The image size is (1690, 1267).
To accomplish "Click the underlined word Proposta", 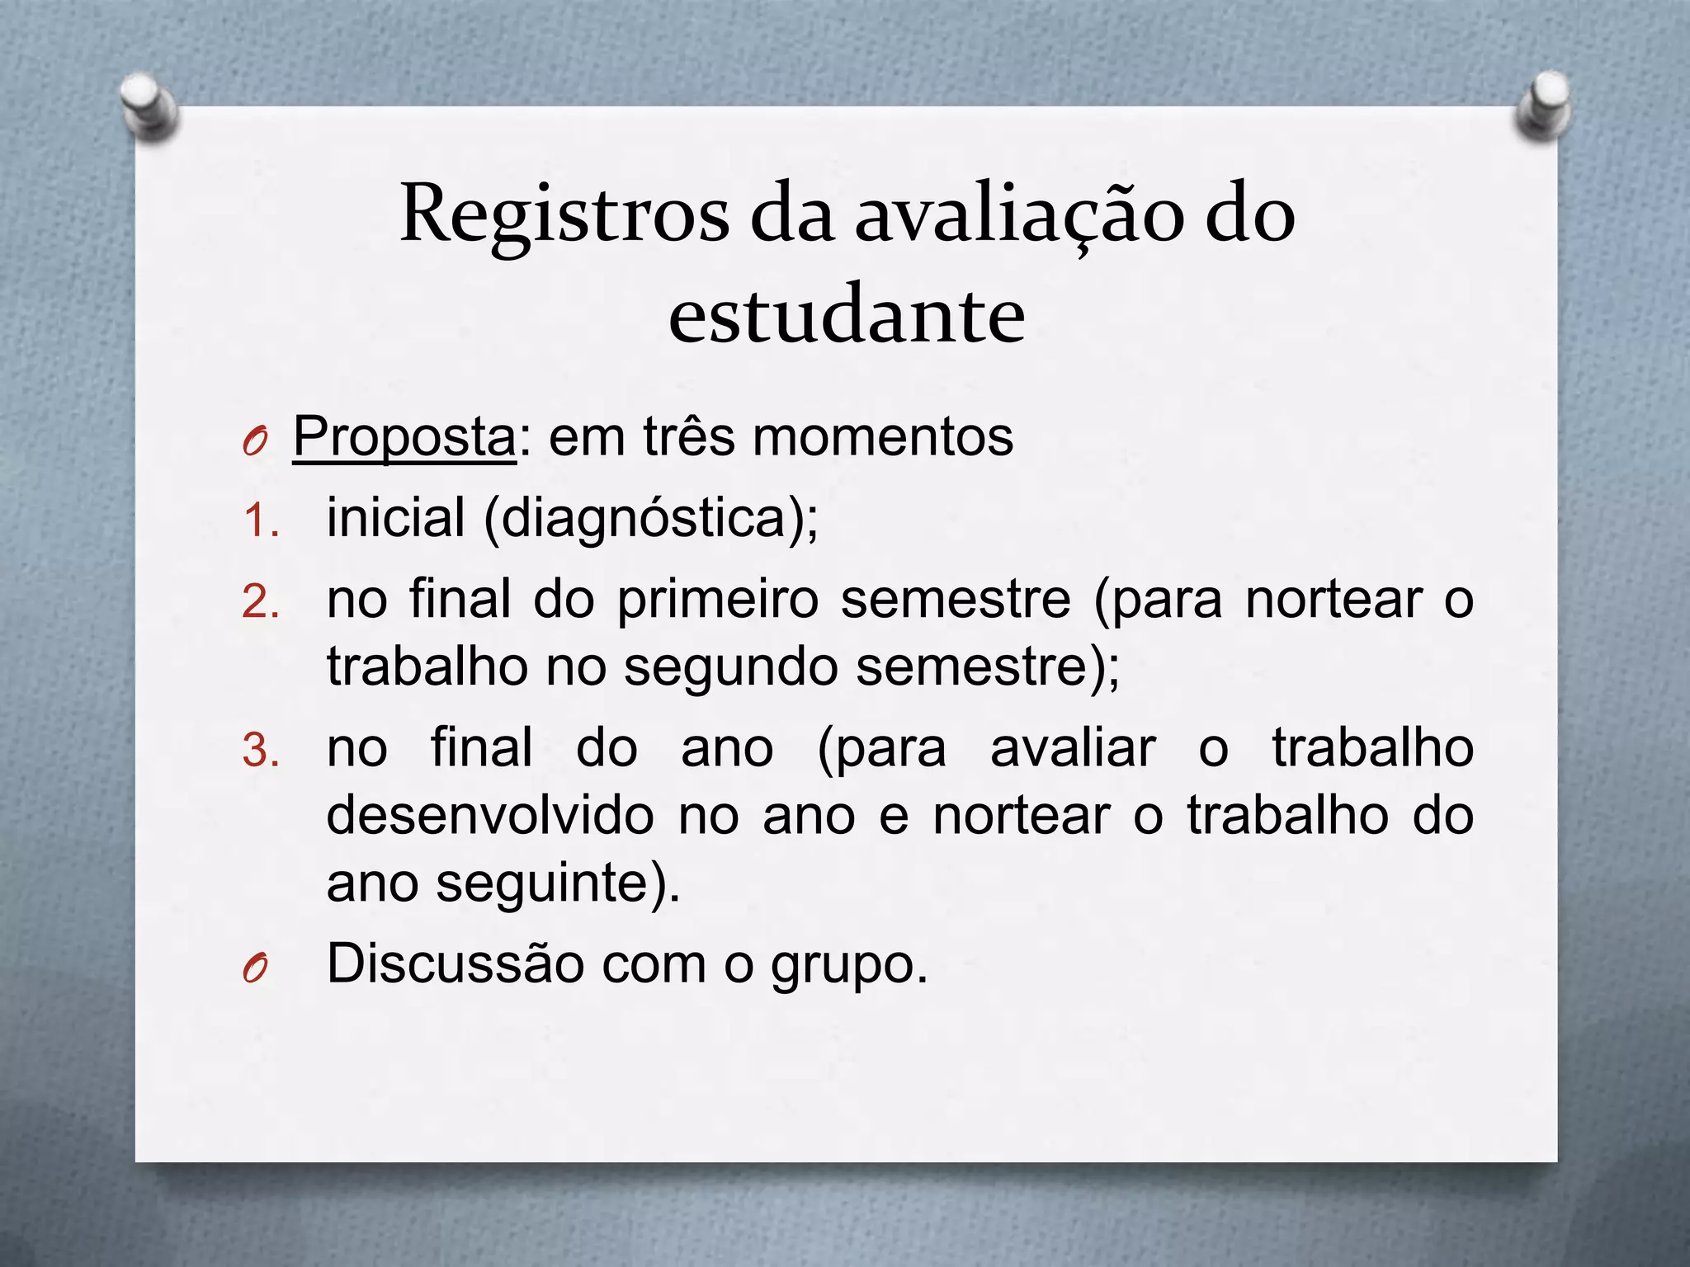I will pos(404,437).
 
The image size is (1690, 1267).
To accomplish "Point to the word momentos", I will pos(883,437).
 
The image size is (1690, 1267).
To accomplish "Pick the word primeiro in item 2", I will pos(718,601).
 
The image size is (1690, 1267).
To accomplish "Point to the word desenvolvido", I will pos(491,817).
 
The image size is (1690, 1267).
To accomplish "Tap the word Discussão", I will pos(456,963).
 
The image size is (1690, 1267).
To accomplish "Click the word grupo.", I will pos(849,965).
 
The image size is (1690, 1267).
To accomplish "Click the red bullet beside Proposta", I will pos(255,444).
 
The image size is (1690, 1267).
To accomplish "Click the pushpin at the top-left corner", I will pos(147,104).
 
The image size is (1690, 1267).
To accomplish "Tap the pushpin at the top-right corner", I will pos(1544,106).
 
